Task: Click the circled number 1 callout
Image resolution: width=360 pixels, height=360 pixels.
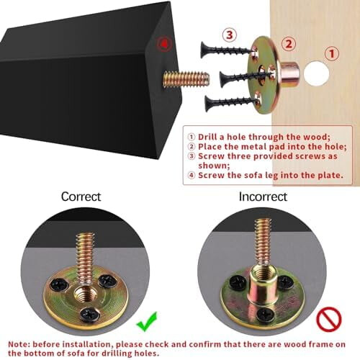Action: point(332,53)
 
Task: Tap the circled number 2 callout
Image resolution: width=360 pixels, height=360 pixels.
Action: point(289,44)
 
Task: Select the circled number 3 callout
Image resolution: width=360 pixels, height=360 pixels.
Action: point(230,35)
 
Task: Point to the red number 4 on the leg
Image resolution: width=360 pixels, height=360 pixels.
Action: point(164,44)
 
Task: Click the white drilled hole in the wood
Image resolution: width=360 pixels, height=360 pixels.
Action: point(317,73)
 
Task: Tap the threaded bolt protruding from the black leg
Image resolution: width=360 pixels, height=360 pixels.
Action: point(186,78)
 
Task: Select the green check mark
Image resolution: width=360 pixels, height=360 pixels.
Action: point(146,322)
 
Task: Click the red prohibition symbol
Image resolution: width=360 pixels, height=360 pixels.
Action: point(329,320)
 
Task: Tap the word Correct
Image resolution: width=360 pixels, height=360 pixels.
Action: point(81,197)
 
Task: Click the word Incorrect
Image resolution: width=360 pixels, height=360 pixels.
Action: point(263,197)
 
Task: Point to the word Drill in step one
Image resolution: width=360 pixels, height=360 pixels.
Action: point(207,137)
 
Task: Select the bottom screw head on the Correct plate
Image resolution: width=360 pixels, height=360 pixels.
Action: point(90,314)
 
